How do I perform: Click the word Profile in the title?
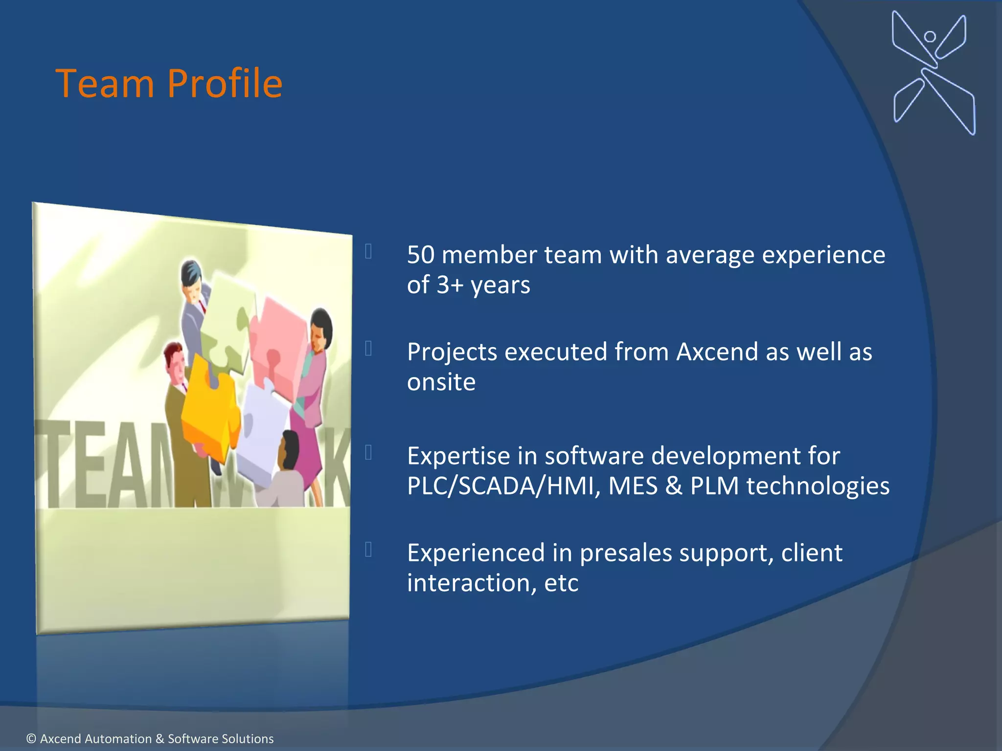[225, 84]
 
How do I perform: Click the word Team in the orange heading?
[105, 84]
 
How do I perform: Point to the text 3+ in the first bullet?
[450, 285]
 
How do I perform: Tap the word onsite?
[441, 382]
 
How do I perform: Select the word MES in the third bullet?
[633, 486]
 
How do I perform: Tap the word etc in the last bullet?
[561, 583]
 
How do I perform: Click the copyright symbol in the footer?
[31, 739]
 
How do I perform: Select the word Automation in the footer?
[96, 739]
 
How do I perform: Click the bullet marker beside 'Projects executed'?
[368, 349]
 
